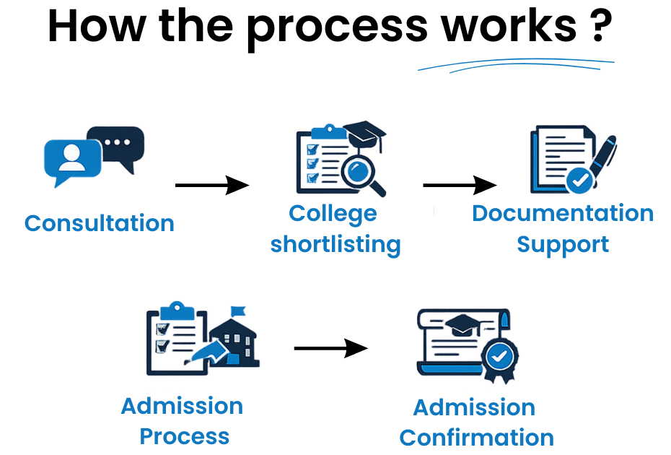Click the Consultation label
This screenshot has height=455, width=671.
pyautogui.click(x=100, y=223)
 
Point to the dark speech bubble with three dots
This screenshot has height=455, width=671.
pyautogui.click(x=116, y=145)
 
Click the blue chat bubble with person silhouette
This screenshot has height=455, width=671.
pyautogui.click(x=72, y=160)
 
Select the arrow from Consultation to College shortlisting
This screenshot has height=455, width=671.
pyautogui.click(x=211, y=186)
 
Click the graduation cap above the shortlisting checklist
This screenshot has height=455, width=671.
pyautogui.click(x=365, y=133)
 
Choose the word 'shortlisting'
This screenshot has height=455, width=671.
pyautogui.click(x=335, y=245)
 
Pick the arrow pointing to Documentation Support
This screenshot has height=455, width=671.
pyautogui.click(x=460, y=186)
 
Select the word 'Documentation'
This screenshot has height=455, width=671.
pyautogui.click(x=563, y=214)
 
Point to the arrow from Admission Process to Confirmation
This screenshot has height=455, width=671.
pyautogui.click(x=330, y=348)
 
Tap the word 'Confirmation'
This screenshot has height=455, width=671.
pyautogui.click(x=477, y=438)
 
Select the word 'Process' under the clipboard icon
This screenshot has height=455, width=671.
pyautogui.click(x=185, y=436)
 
